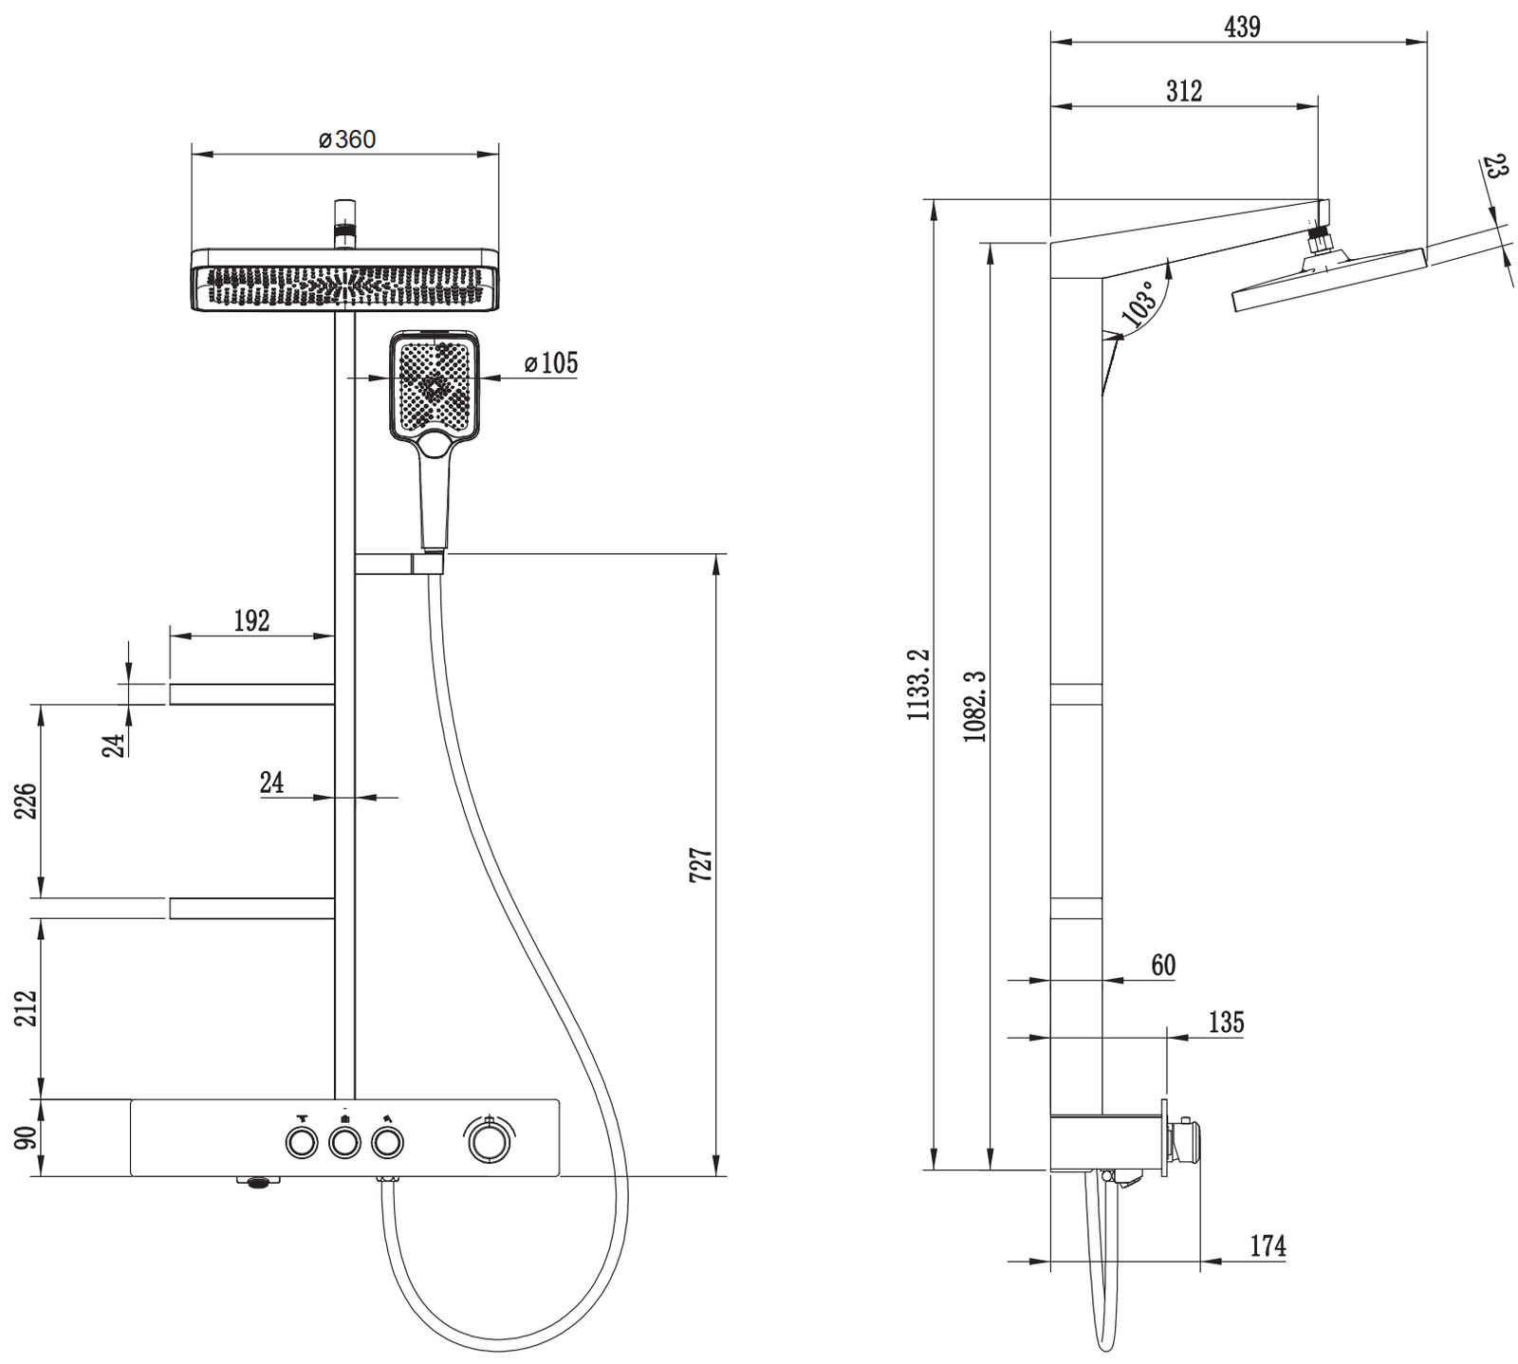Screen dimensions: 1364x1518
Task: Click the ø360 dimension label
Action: click(347, 139)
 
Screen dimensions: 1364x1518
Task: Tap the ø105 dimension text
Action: click(550, 362)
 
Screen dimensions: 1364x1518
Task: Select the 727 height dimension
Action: click(700, 865)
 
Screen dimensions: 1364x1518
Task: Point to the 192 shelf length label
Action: click(251, 620)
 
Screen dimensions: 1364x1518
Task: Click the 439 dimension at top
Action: click(1242, 28)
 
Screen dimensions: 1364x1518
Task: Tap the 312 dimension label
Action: click(1184, 91)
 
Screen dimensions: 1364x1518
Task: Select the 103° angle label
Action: click(1140, 304)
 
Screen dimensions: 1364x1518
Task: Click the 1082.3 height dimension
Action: click(974, 706)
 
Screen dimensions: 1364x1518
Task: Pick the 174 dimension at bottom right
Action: click(1268, 1245)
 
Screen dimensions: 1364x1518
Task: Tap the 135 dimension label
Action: click(1226, 1023)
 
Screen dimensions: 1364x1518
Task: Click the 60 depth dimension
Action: click(1163, 965)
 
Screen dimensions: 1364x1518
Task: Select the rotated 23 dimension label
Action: click(1495, 168)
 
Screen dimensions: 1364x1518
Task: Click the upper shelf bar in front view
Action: click(251, 694)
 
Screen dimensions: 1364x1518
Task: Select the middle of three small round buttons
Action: click(344, 1143)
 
